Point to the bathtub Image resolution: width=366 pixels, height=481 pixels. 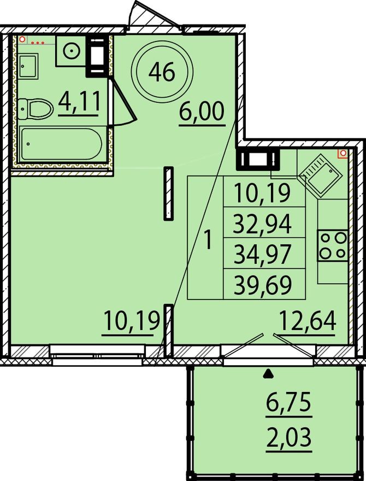click(x=60, y=143)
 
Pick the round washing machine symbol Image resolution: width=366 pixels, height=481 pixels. click(x=72, y=51)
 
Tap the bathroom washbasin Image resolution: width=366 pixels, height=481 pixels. click(x=28, y=66)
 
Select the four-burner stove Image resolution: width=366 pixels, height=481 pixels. click(x=333, y=245)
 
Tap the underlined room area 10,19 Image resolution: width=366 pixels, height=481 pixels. click(x=132, y=320)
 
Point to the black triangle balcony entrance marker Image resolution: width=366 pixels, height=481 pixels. click(x=268, y=374)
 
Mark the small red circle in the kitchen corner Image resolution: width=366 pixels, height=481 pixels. click(x=343, y=155)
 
